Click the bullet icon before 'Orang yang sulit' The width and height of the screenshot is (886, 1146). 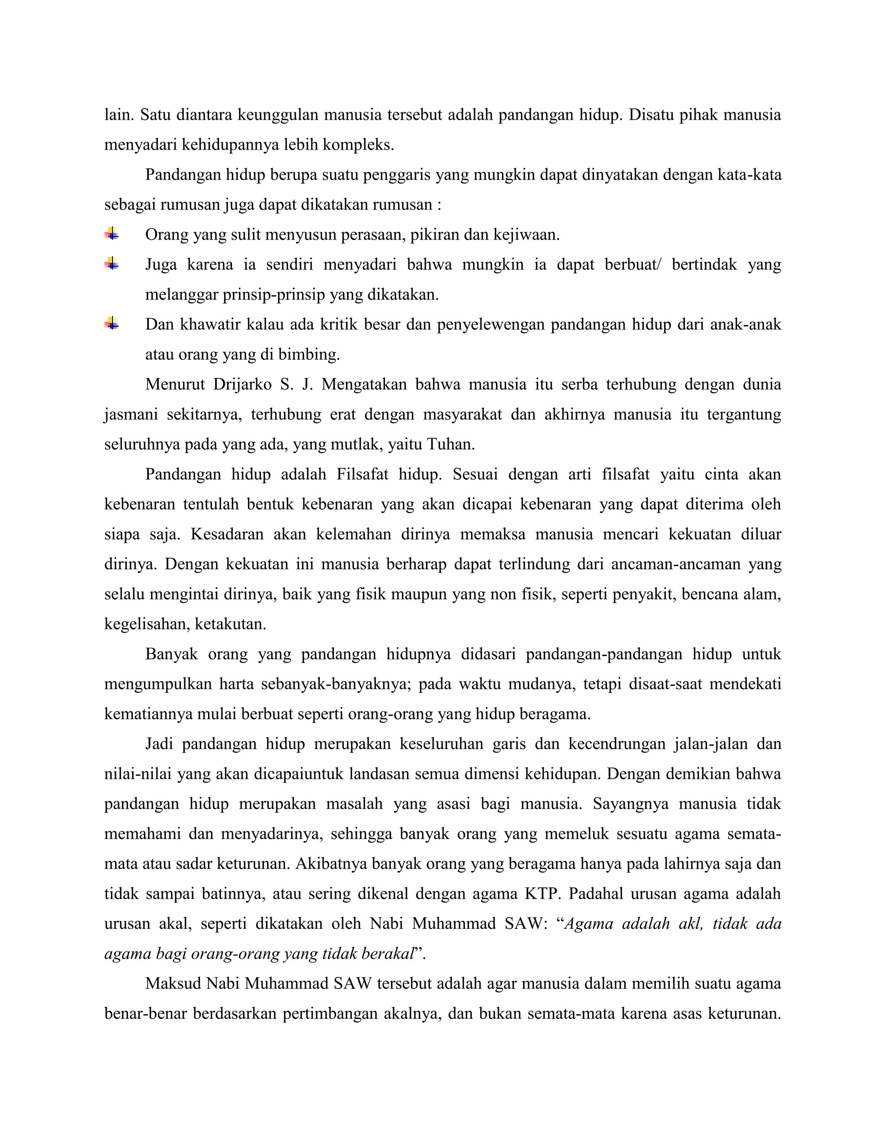point(111,234)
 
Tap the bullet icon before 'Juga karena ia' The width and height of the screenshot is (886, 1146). point(111,263)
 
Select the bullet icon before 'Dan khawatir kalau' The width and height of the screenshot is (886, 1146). point(111,324)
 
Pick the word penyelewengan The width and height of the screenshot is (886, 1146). point(491,325)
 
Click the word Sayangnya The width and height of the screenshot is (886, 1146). point(630,804)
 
